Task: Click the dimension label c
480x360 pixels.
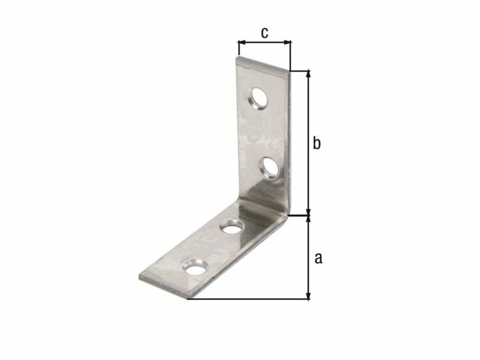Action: [264, 33]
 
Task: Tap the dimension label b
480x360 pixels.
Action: [316, 143]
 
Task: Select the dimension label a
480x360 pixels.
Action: [318, 258]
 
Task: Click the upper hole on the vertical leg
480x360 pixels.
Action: [258, 98]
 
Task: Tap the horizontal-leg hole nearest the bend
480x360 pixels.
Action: [232, 226]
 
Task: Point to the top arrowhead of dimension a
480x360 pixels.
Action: [309, 219]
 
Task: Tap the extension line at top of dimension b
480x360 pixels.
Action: [300, 70]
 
